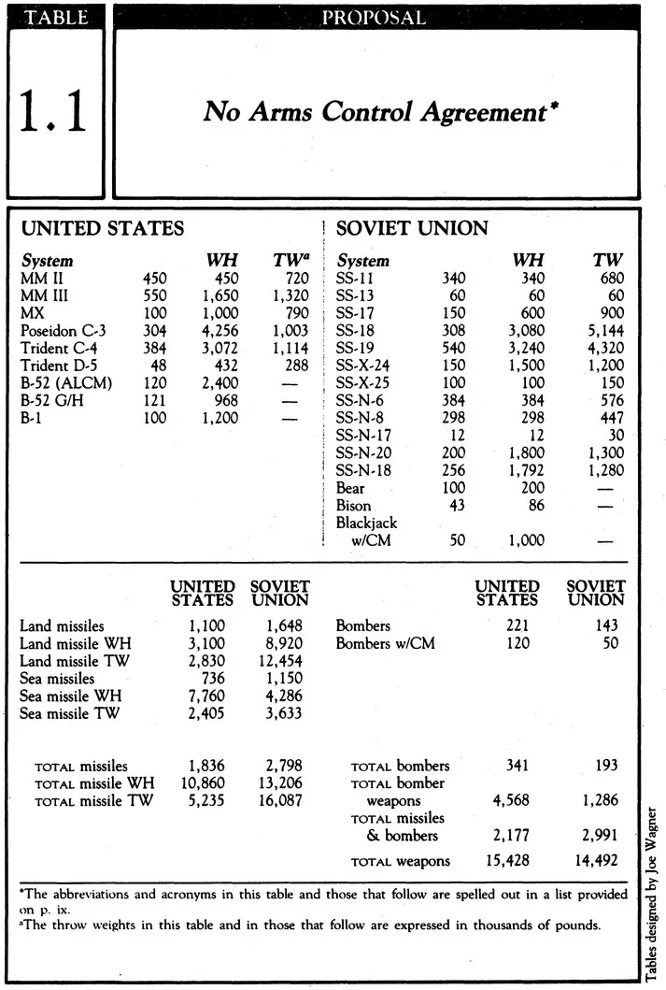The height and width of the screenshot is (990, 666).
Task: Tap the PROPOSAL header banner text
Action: tap(374, 18)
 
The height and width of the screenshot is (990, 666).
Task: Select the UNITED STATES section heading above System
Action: tap(102, 228)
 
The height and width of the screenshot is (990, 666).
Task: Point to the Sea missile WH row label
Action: tap(71, 696)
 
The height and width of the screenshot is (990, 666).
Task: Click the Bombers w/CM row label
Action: tap(385, 643)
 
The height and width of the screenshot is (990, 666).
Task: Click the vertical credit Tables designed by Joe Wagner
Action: tap(650, 892)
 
